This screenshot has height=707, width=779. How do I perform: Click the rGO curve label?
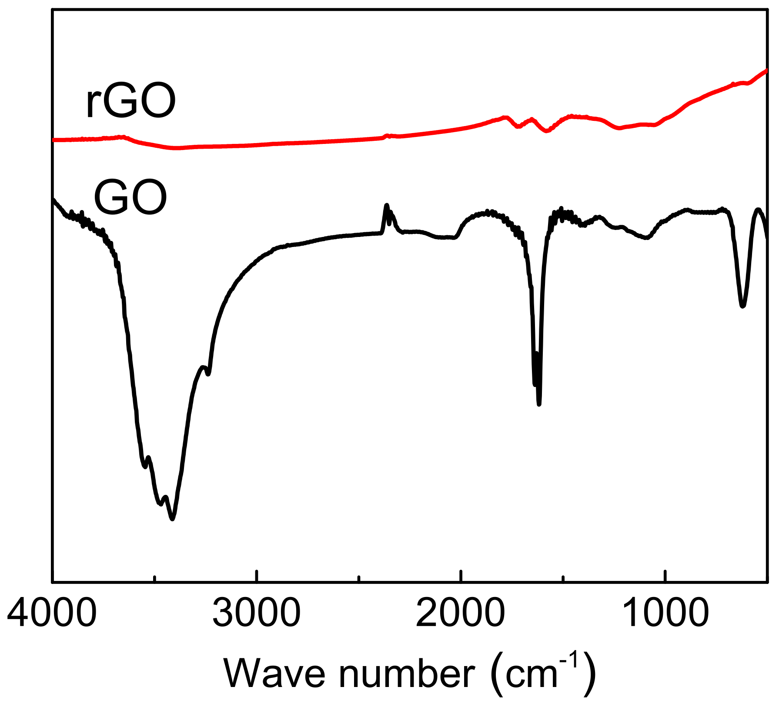(x=130, y=100)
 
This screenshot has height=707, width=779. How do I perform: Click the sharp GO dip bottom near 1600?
(x=539, y=404)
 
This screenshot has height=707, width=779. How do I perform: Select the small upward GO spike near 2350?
(x=387, y=205)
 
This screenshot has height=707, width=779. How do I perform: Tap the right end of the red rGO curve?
(x=766, y=70)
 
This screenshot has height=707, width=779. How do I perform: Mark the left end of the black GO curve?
(x=53, y=199)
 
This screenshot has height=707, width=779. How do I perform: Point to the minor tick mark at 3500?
(x=154, y=578)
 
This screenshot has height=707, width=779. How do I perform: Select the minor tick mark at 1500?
(x=563, y=578)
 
